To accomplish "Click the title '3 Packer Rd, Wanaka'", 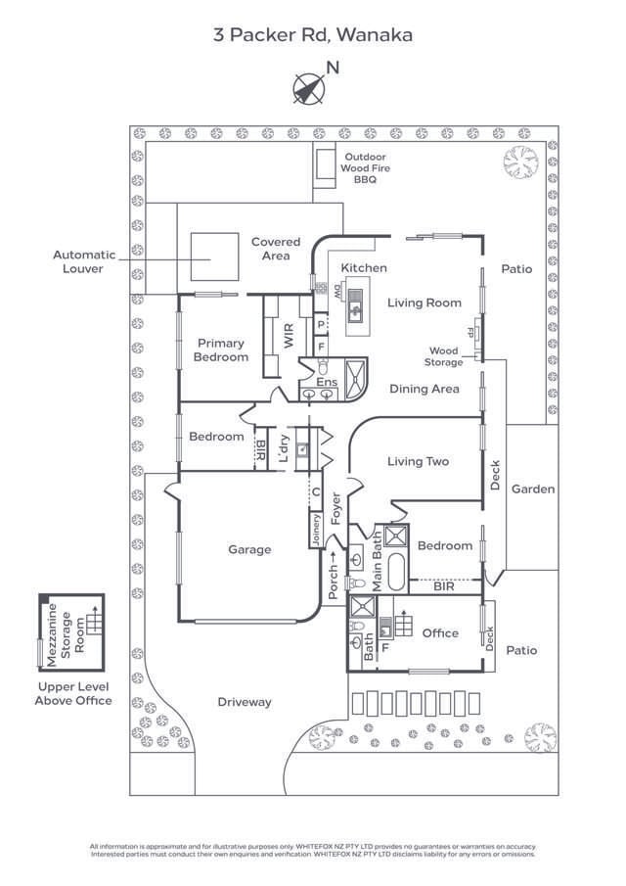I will [313, 35].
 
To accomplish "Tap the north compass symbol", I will [309, 88].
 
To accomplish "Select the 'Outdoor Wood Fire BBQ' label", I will [364, 168].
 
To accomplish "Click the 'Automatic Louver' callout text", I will [83, 261].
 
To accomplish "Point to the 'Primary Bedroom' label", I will [221, 350].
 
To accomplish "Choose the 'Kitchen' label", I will [363, 268].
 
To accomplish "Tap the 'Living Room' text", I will [424, 303].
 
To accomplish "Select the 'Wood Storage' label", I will [443, 356].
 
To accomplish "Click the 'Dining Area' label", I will [424, 389].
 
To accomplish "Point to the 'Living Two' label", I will [418, 461].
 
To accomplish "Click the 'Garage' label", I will [249, 550].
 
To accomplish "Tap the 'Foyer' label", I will [336, 509].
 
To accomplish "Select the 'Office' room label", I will [440, 633].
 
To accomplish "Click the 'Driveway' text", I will [245, 702].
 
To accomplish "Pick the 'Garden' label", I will [533, 489].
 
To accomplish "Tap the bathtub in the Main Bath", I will [395, 572].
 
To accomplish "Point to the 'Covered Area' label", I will [276, 249].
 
